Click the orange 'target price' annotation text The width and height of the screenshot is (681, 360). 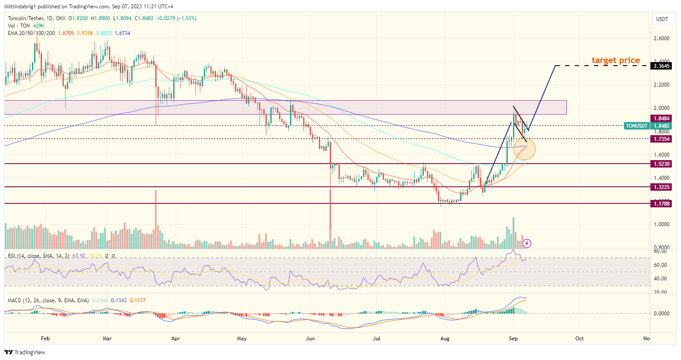[x=615, y=60]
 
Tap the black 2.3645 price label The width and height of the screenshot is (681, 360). [x=661, y=66]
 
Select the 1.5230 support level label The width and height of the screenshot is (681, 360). [x=661, y=164]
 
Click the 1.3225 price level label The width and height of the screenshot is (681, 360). [x=661, y=187]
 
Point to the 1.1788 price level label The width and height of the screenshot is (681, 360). [x=661, y=204]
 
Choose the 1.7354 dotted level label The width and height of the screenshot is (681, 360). [x=661, y=139]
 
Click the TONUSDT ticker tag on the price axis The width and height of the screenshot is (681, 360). [x=636, y=126]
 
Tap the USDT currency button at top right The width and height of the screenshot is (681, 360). [x=662, y=19]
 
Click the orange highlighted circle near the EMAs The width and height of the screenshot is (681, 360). [x=524, y=149]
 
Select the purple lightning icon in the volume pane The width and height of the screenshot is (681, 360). [x=527, y=243]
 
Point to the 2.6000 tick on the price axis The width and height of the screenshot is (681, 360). [x=661, y=38]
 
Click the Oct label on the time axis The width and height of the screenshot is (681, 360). [x=579, y=339]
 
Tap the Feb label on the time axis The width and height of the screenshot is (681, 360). [x=45, y=339]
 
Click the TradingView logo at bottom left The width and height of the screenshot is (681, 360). [x=25, y=353]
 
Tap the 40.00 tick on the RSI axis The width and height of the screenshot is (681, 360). [x=660, y=279]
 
